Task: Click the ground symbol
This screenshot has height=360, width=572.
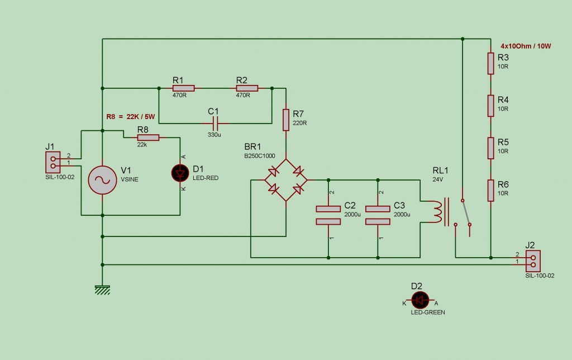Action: coord(103,290)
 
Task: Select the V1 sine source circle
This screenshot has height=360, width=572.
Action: coord(103,180)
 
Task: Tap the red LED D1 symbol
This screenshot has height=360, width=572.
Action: coord(180,173)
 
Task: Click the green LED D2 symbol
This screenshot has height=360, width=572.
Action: coord(420,300)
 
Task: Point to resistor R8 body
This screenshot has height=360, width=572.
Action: coord(148,138)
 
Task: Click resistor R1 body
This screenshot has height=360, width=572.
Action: coord(183,88)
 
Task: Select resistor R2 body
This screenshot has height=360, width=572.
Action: coord(247,88)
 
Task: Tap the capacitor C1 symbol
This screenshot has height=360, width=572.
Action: coord(215,124)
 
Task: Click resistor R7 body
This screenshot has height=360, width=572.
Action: coord(286,120)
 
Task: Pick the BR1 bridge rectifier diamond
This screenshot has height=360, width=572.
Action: coord(286,180)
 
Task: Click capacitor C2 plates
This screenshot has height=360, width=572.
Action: coord(328,215)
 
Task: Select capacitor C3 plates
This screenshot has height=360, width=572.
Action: coord(378,215)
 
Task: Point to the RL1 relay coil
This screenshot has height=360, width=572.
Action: coord(437,212)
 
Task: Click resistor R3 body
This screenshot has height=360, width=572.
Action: coord(490,64)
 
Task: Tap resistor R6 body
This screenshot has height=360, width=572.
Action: coord(490,190)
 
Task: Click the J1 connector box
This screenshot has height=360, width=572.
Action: coord(53,162)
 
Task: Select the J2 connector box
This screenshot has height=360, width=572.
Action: coord(533,261)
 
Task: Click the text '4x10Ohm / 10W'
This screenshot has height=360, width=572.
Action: coord(526,46)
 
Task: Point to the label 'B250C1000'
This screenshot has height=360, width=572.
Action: coord(259,156)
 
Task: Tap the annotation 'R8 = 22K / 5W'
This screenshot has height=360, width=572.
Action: coord(131,117)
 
